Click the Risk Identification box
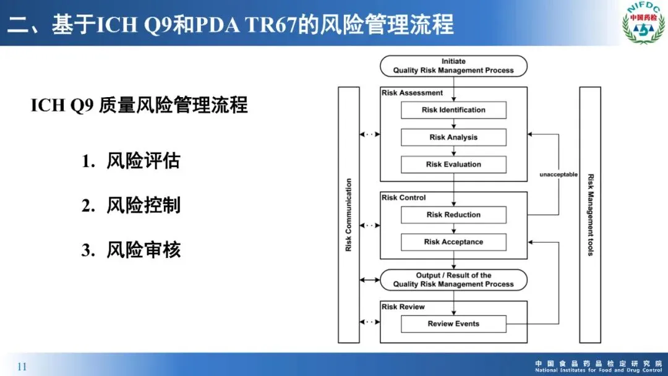453,110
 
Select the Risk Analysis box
453,137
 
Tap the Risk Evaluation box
453,164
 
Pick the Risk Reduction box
453,215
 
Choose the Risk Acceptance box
453,242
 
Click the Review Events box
453,323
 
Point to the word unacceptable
559,175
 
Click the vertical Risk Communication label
349,215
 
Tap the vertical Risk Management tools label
590,215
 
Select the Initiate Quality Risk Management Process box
453,66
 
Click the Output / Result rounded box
453,280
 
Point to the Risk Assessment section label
413,93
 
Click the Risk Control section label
404,198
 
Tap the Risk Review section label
403,307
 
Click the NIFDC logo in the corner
643,23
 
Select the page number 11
22,367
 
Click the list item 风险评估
143,161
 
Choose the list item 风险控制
143,205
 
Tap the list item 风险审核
143,250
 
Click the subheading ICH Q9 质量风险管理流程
139,106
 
